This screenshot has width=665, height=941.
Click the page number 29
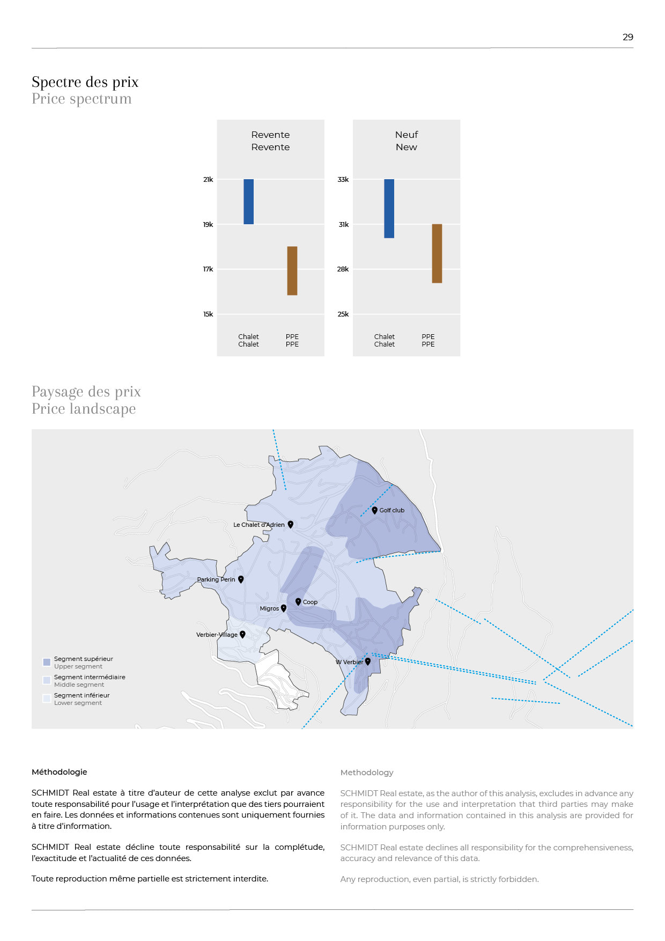coord(627,37)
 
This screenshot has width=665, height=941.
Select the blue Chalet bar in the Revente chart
coord(248,202)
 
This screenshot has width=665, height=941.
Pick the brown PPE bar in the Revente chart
coord(292,270)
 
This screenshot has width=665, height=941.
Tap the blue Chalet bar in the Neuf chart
coord(389,208)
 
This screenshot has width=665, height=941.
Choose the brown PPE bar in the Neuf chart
coord(437,253)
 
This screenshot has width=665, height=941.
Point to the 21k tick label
coord(208,180)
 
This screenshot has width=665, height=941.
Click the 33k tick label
coord(343,180)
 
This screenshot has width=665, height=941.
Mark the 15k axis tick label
coord(208,314)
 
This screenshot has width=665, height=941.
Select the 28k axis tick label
coord(343,269)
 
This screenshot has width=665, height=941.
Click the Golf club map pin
coord(375,510)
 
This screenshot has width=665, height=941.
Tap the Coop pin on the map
coord(298,601)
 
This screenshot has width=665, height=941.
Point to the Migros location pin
coord(284,608)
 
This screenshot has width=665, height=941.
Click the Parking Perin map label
coord(216,579)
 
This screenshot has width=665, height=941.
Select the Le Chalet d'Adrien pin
coord(291,524)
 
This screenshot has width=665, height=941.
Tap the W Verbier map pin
coord(368,661)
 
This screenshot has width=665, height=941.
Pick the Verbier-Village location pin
coord(242,634)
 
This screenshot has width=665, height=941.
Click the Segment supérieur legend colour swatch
coord(47,662)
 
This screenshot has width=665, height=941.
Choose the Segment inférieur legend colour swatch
coord(47,699)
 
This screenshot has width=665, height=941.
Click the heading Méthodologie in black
coord(59,772)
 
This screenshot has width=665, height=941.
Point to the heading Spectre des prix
coord(85,82)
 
